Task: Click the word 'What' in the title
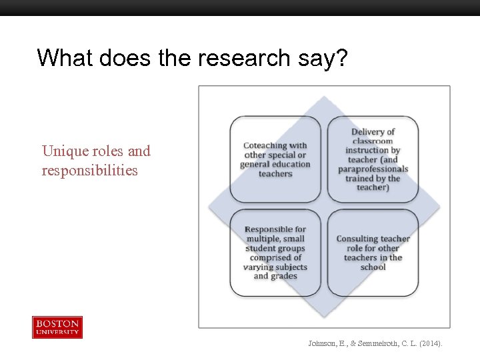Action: coord(65,58)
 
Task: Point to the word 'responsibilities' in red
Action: coord(89,170)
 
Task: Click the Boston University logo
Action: coord(57,327)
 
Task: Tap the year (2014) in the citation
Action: coord(430,343)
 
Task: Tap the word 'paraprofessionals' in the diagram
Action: coord(373,169)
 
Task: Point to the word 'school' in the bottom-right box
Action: coord(373,267)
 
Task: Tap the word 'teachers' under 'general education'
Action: coord(275,173)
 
